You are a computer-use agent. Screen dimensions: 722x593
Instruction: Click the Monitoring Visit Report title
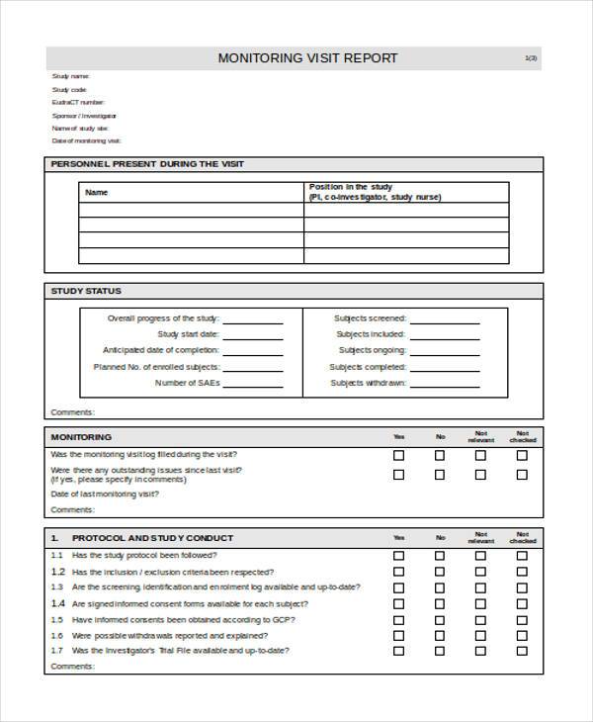click(x=307, y=58)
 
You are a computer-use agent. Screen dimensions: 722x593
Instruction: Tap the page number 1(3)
click(x=531, y=58)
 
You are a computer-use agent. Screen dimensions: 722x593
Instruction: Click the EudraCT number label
click(x=78, y=102)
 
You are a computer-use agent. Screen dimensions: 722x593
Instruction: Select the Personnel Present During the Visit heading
click(x=147, y=164)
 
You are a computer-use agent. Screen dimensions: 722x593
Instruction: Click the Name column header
click(x=97, y=193)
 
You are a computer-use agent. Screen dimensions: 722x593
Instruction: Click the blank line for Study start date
click(x=253, y=334)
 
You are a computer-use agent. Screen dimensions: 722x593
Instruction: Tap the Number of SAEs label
click(x=188, y=383)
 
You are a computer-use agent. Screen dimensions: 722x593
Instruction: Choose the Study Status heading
click(x=86, y=291)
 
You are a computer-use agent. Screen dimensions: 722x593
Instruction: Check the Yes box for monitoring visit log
click(x=399, y=456)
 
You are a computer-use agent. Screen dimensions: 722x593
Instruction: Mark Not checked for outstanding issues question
click(x=522, y=474)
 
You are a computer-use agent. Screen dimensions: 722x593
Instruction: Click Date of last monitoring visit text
click(x=104, y=494)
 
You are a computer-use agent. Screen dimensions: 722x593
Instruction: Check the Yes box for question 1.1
click(x=399, y=556)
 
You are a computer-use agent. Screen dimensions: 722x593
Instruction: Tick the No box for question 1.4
click(x=440, y=603)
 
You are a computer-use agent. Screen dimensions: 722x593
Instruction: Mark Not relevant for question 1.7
click(x=480, y=651)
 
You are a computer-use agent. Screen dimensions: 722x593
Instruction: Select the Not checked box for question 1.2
click(x=522, y=572)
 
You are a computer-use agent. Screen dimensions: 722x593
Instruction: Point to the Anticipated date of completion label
click(x=161, y=350)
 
